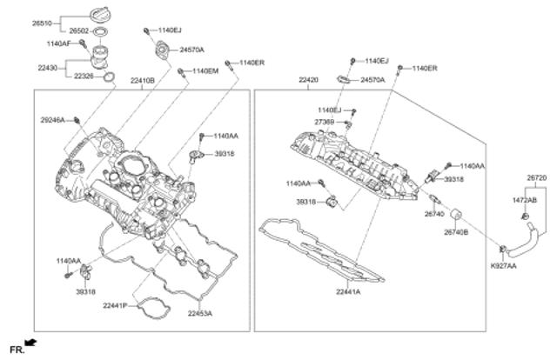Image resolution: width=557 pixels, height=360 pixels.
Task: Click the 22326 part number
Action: pos(84,77)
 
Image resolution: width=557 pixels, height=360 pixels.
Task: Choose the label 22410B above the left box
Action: pos(143,80)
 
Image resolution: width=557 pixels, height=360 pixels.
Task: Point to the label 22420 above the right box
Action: pos(310,80)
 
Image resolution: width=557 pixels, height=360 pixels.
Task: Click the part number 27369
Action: pos(324,123)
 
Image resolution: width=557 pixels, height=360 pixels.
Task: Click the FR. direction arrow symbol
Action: pos(32,345)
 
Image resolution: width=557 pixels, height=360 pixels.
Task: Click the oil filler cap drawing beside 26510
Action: pos(98,17)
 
